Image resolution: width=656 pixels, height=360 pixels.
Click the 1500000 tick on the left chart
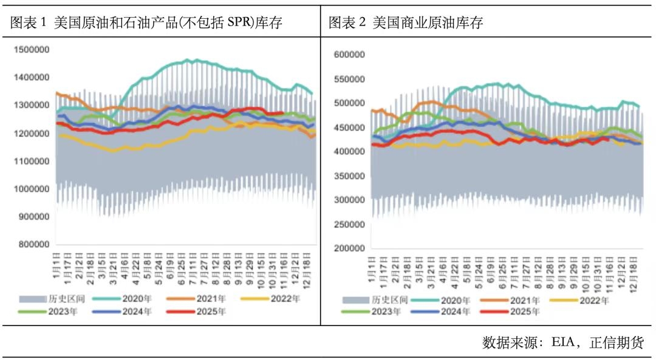click(32, 50)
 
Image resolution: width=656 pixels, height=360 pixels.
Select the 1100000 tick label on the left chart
click(32, 161)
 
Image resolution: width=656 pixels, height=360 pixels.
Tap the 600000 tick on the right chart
click(350, 55)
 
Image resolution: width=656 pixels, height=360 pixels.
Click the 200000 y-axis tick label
click(350, 248)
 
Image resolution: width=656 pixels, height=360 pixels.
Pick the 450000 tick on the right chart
click(350, 127)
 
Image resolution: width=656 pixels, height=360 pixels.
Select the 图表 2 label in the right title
click(347, 23)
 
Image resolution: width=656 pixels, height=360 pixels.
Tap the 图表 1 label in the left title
click(29, 23)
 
